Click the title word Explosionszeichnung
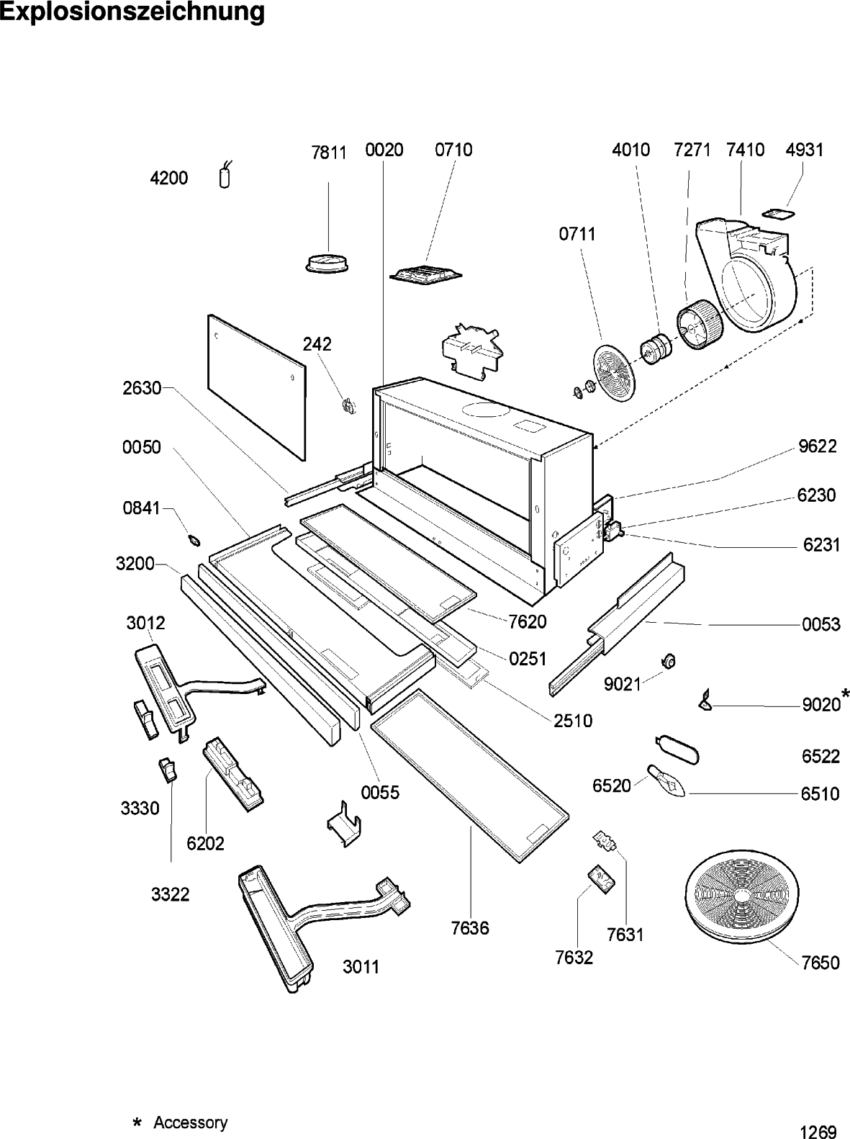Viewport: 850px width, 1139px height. pos(132,12)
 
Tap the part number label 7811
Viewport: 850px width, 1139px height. pos(329,153)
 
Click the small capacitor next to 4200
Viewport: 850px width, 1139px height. pos(225,176)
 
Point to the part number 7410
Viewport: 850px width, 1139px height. pos(746,150)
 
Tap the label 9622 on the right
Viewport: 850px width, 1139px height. pos(817,446)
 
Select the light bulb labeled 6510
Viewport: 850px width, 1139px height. pos(667,782)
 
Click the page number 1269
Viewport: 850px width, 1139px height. pos(818,1132)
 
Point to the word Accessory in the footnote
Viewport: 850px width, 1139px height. pos(191,1122)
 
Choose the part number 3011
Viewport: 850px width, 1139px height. pos(361,967)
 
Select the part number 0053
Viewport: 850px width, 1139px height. pos(821,624)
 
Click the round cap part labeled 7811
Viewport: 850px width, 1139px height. pos(327,262)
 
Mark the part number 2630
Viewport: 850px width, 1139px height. pos(142,389)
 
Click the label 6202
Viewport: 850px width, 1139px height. pos(206,843)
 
